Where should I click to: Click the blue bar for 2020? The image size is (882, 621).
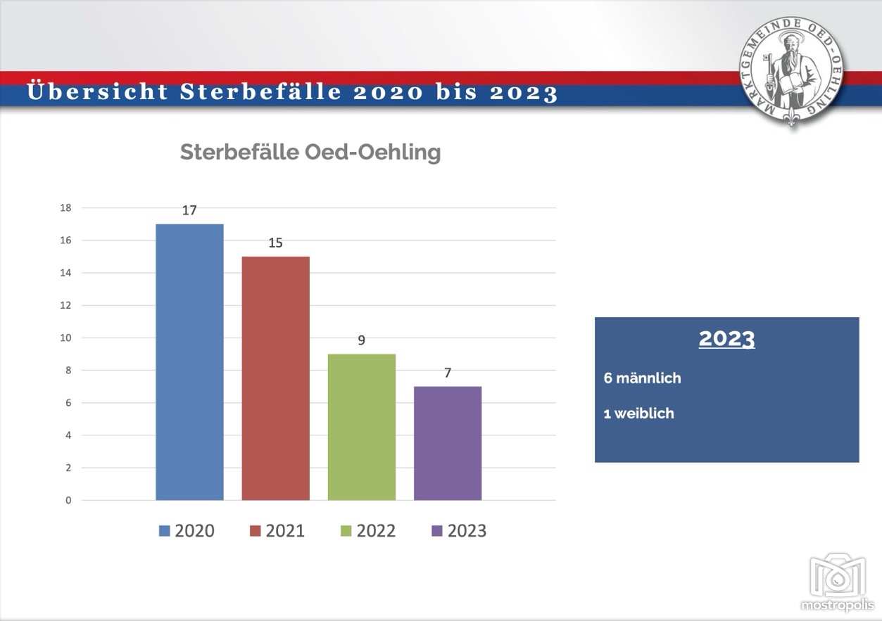(189, 361)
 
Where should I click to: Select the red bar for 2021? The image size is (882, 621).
(276, 378)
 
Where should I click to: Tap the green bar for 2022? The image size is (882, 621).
(362, 427)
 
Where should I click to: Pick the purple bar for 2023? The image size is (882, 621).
(448, 443)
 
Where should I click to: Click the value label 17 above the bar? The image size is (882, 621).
(189, 210)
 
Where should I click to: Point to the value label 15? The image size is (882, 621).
(276, 243)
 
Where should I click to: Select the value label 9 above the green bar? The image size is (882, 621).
(362, 340)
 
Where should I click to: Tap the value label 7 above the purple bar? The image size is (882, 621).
(448, 373)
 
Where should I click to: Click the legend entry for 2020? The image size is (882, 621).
(187, 531)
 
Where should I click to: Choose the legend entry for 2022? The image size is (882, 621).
(368, 531)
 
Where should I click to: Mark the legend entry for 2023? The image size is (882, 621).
(459, 531)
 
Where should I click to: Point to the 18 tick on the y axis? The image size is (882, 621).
(65, 207)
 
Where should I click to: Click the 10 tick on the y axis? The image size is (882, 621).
(65, 338)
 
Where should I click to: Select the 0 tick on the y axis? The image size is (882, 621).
(68, 500)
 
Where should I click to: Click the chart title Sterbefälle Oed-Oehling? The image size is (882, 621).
(310, 152)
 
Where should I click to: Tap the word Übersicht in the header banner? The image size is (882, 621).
(98, 91)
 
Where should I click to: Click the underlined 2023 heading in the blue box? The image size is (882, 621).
(727, 338)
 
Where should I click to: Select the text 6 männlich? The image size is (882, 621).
(642, 378)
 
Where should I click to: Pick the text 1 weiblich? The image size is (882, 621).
(638, 414)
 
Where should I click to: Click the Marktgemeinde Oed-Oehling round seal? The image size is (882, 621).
(791, 71)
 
